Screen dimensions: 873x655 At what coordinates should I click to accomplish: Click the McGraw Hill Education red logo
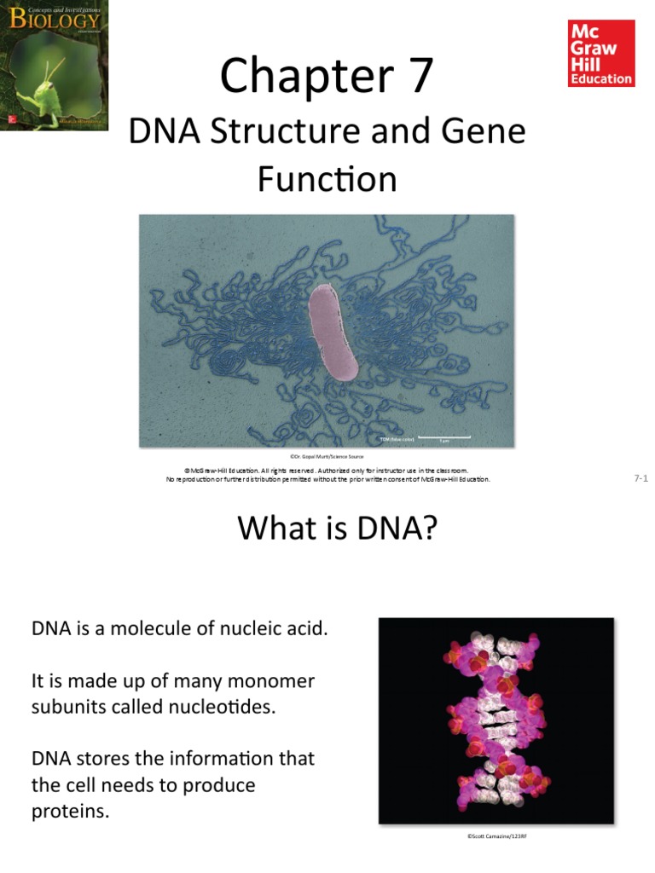(601, 53)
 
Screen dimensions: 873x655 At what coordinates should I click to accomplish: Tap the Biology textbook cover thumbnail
(54, 66)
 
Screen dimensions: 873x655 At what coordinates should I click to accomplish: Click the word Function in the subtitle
(327, 180)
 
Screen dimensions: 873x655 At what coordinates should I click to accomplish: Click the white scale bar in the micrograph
(443, 436)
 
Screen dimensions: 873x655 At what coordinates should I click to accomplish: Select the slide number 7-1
(641, 479)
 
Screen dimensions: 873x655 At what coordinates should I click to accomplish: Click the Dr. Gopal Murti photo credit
(327, 457)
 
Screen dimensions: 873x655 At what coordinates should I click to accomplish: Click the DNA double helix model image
(496, 720)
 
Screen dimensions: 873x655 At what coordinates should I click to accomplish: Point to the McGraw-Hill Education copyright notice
(327, 474)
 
